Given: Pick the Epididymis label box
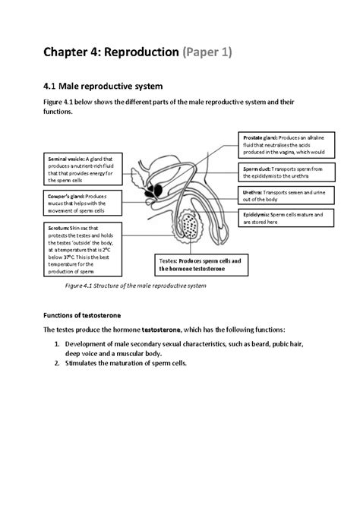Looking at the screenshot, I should coord(286,219).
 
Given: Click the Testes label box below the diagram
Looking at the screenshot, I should coord(201,265).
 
